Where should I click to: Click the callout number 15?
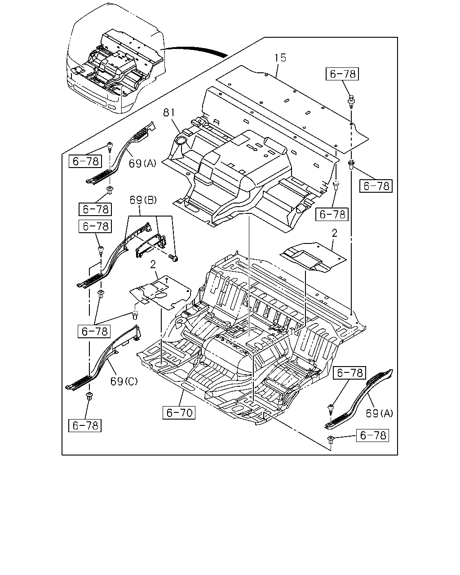280,58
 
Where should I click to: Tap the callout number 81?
169,112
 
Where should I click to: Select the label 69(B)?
143,200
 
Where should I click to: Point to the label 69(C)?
124,381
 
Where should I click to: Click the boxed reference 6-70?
179,413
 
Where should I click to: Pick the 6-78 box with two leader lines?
94,332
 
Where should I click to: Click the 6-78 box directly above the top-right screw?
342,74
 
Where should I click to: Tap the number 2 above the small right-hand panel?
334,233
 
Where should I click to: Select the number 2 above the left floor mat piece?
153,265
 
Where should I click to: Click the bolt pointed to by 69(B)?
173,258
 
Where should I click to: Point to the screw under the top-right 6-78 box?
351,101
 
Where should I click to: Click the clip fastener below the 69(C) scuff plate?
89,396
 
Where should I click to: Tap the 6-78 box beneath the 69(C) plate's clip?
85,426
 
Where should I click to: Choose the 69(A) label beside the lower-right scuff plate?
379,414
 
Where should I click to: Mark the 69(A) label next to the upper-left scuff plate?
142,164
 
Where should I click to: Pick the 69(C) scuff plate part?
104,358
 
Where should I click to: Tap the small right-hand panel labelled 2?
313,257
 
